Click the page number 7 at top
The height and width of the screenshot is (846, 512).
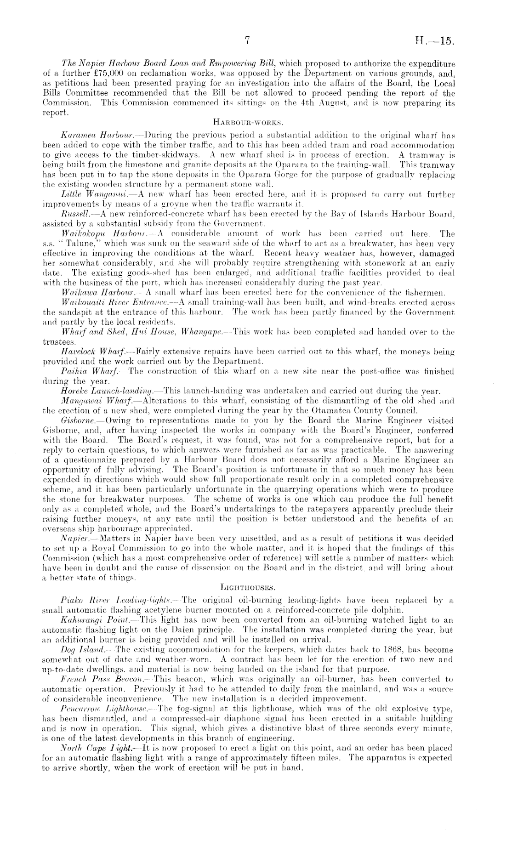coord(246,40)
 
